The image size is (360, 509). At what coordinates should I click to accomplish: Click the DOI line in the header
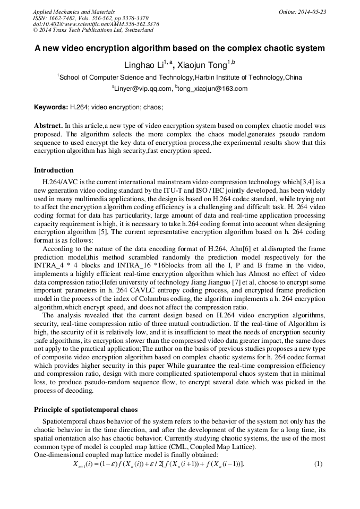(96, 24)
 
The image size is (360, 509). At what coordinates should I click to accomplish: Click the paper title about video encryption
(179, 48)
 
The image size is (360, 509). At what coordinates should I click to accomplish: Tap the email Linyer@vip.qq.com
(142, 89)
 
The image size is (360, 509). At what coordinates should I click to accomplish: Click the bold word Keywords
(51, 107)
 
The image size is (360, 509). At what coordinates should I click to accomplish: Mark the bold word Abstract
(48, 127)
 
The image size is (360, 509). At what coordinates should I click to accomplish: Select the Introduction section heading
(54, 170)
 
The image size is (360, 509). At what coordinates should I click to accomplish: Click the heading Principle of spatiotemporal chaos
(85, 409)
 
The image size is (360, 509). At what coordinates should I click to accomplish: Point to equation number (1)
(318, 463)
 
